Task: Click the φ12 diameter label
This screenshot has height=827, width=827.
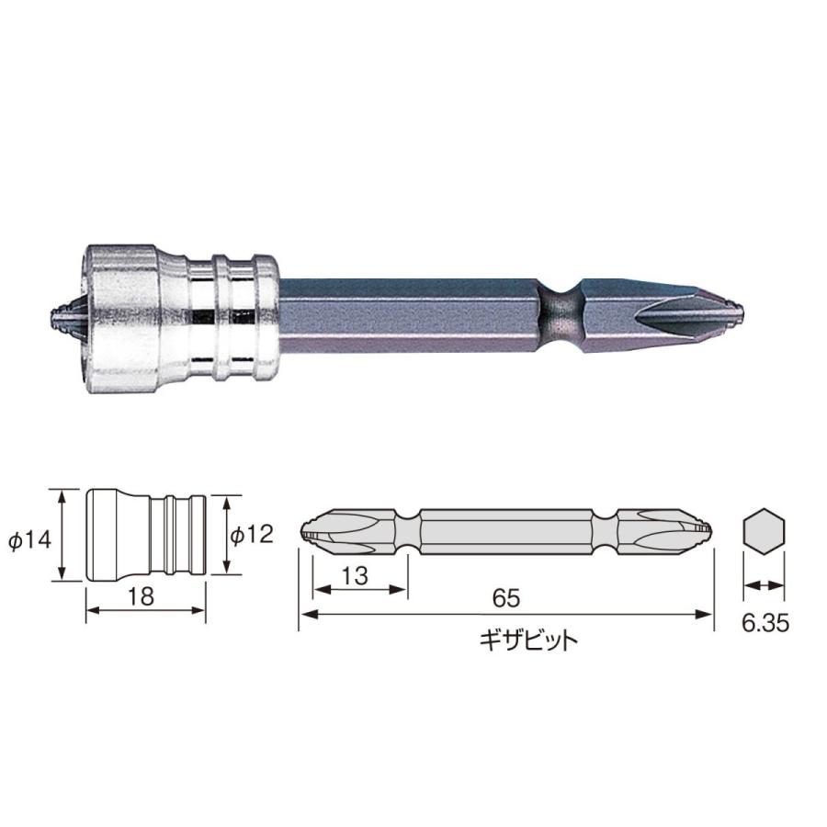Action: [x=251, y=534]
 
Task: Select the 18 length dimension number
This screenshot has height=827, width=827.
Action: [x=141, y=595]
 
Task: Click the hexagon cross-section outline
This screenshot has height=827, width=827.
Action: [x=762, y=532]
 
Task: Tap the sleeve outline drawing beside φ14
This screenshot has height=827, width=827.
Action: [x=145, y=535]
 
